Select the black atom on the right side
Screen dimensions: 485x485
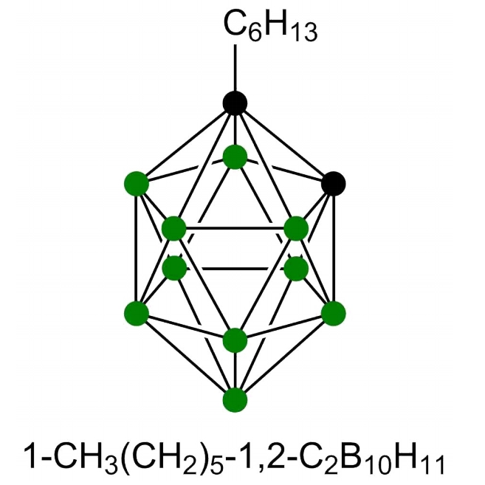[x=334, y=182]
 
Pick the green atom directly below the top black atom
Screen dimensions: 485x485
[x=235, y=156]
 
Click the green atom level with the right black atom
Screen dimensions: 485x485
[x=137, y=182]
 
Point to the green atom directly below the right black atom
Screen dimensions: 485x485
[x=334, y=313]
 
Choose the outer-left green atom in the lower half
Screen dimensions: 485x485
[x=137, y=313]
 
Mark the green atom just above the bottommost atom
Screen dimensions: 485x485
[x=235, y=340]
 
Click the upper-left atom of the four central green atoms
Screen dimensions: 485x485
[x=174, y=228]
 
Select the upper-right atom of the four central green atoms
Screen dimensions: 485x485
[x=295, y=228]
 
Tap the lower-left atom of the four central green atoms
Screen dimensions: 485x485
[x=174, y=267]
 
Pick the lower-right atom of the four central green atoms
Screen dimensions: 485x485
[x=295, y=267]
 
